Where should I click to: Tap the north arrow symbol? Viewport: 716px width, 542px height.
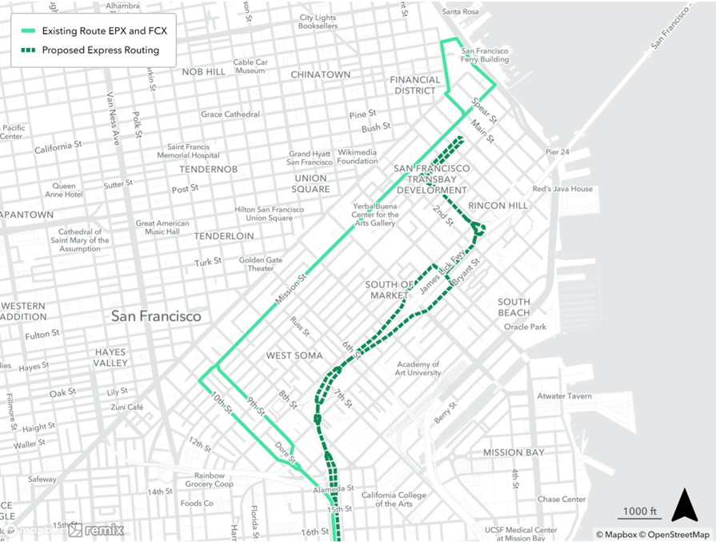(684, 504)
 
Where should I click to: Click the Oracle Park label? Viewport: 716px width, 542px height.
(525, 326)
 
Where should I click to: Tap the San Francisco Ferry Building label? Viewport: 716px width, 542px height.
(485, 55)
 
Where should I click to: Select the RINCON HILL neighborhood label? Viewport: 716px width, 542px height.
(498, 206)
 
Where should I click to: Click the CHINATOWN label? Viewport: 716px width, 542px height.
(320, 74)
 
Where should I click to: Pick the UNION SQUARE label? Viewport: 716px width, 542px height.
(311, 183)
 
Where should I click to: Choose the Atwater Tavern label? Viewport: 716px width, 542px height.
(565, 396)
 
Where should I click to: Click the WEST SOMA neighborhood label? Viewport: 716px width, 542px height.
(294, 355)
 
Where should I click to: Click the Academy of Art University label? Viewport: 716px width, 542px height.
(418, 368)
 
